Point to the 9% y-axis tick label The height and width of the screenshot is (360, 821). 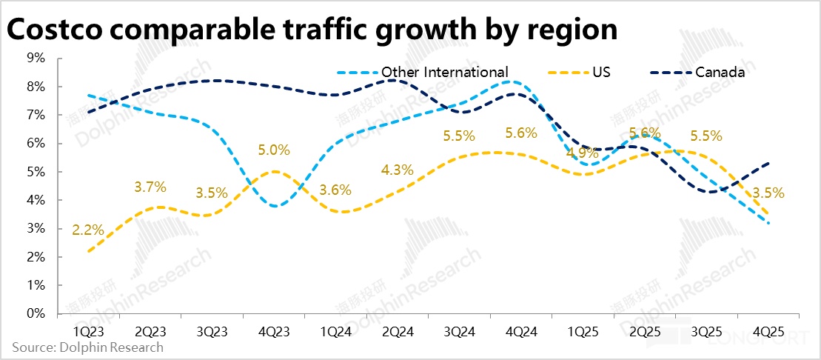click(x=36, y=58)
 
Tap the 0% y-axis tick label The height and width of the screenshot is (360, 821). click(x=36, y=314)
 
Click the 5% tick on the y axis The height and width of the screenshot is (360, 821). click(x=36, y=172)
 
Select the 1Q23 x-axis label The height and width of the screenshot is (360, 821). click(x=89, y=327)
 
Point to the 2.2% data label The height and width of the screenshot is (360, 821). click(x=87, y=230)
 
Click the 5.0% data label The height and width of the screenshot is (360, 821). click(x=275, y=150)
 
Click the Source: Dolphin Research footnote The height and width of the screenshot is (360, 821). click(x=87, y=347)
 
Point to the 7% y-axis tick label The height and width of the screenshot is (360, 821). click(x=36, y=115)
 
